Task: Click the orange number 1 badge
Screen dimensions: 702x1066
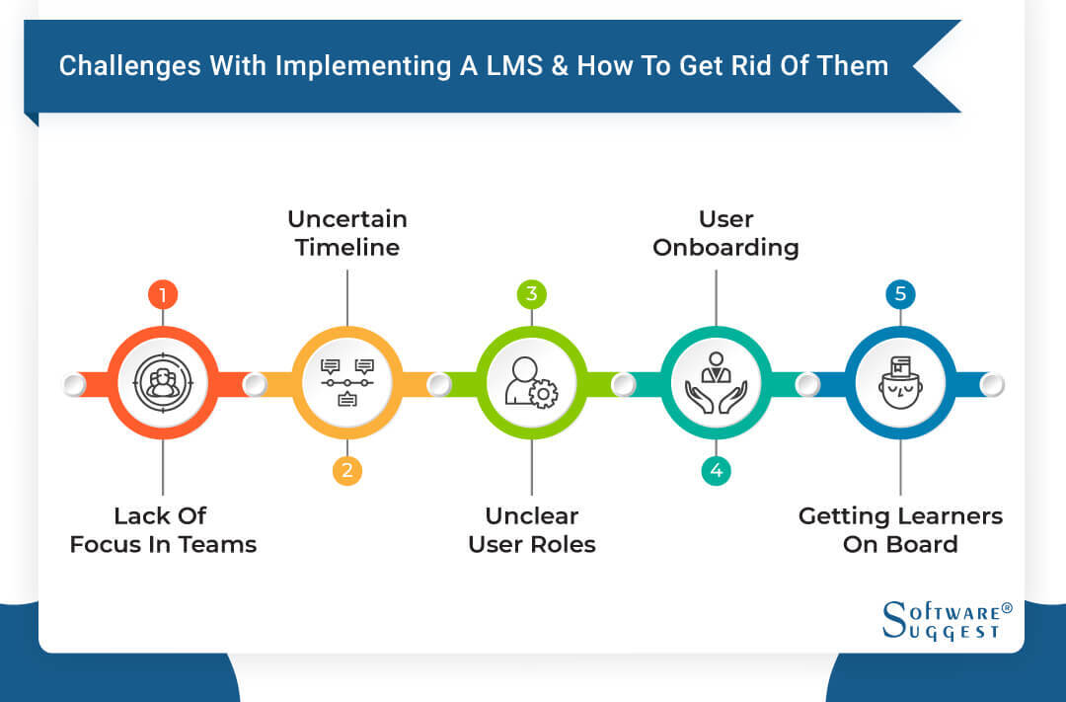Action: coord(162,294)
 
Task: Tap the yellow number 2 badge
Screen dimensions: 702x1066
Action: coord(346,471)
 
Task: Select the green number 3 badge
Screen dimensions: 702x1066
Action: coord(531,294)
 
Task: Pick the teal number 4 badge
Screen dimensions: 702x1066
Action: coord(716,471)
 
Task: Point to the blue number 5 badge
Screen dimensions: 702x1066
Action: coord(900,294)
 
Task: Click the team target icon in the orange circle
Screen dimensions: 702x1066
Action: coord(162,383)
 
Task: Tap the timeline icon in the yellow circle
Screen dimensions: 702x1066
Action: coord(346,383)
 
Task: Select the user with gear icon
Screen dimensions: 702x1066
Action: coord(531,383)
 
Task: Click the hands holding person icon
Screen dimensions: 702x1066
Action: coord(716,383)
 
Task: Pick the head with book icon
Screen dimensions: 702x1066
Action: coord(900,383)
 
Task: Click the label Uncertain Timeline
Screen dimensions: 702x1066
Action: coord(346,233)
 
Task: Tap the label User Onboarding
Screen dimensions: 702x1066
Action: coord(725,233)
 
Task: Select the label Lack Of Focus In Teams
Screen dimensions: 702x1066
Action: coord(163,530)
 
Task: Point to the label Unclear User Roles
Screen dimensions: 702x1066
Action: coord(532,530)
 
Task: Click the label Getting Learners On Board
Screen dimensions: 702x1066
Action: coord(900,530)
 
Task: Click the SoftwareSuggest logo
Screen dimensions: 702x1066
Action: coord(946,619)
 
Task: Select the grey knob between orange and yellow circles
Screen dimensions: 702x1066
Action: coord(255,384)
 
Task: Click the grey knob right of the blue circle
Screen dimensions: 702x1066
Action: coord(993,384)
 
